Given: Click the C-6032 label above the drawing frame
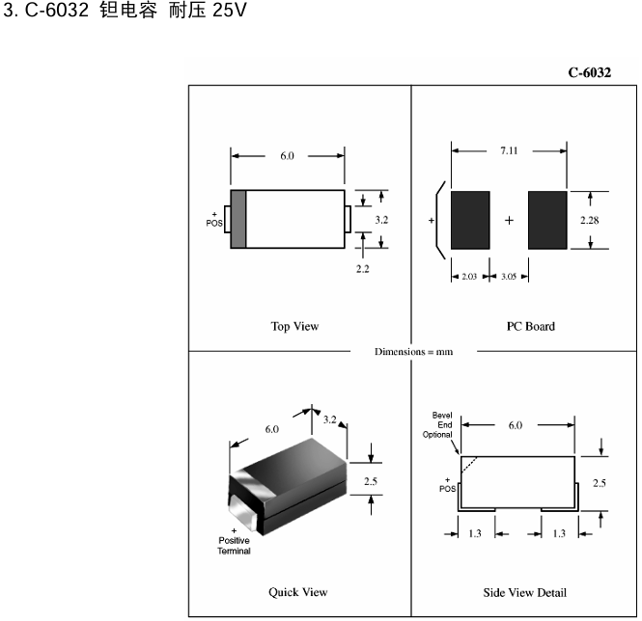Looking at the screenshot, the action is tap(589, 73).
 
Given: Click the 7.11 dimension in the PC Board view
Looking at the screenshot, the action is tap(510, 150).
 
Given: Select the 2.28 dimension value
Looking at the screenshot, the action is tap(590, 221).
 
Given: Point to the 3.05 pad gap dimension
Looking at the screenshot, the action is tap(510, 277).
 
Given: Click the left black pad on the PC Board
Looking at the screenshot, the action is tap(471, 220).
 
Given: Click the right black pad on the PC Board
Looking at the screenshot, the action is tap(546, 220).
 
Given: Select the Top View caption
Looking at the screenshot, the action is tap(294, 326).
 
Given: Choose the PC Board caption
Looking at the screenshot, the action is tap(531, 326).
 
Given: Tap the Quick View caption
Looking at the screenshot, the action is tap(297, 592).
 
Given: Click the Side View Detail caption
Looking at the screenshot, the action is tap(525, 592).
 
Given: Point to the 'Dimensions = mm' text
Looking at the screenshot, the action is tap(413, 351).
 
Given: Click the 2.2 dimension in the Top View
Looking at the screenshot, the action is tap(362, 269).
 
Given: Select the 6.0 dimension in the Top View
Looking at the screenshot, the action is tap(288, 155).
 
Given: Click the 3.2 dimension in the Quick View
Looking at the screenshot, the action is tap(329, 419).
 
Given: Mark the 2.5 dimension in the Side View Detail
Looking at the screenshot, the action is tap(600, 482).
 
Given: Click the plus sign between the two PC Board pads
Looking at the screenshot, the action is tap(509, 220).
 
